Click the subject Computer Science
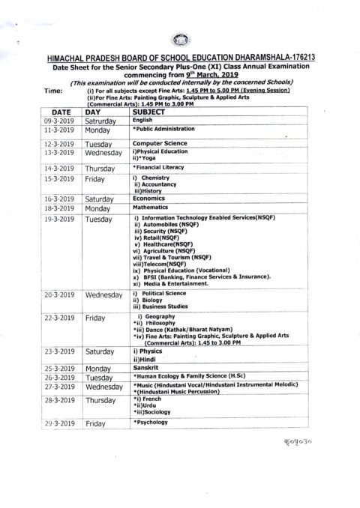pos(159,142)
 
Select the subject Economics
pos(153,199)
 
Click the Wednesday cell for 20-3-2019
pos(103,295)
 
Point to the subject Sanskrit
pos(149,369)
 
